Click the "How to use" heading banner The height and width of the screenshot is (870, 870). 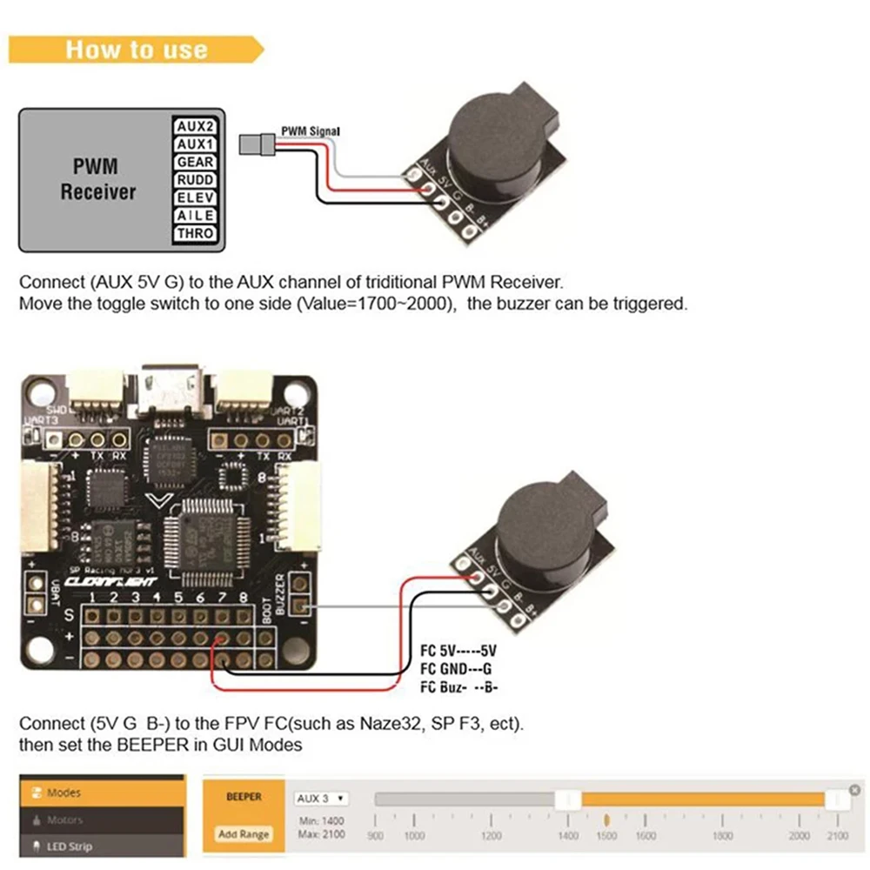click(137, 49)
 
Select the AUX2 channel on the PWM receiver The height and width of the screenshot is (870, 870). click(195, 126)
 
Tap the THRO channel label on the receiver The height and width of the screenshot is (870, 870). click(195, 233)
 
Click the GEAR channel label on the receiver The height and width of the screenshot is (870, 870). click(195, 162)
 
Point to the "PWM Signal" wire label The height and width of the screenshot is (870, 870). click(310, 131)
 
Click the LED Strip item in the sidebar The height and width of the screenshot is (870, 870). click(68, 846)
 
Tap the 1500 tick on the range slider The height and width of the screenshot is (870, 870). click(606, 835)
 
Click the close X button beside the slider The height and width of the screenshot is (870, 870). click(854, 790)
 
